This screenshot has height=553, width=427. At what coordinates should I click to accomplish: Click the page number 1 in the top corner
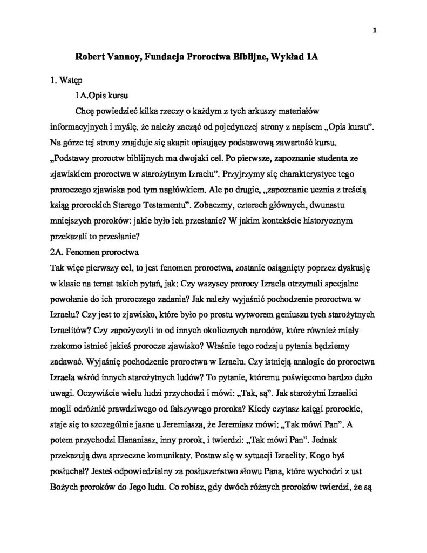[374, 30]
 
